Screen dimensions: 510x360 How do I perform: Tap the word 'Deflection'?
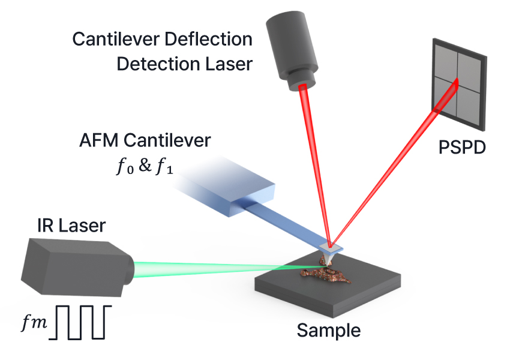[208, 40]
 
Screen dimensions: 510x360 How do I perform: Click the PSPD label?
[462, 148]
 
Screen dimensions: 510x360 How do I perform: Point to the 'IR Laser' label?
[71, 226]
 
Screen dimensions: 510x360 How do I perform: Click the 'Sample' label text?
[329, 331]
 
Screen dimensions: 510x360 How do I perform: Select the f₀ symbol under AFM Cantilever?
[125, 167]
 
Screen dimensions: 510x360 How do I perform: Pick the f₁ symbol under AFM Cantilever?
[164, 167]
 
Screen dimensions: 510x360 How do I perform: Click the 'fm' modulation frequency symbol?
[34, 323]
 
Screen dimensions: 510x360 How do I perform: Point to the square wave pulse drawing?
[80, 322]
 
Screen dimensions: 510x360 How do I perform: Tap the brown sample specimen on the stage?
[327, 273]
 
